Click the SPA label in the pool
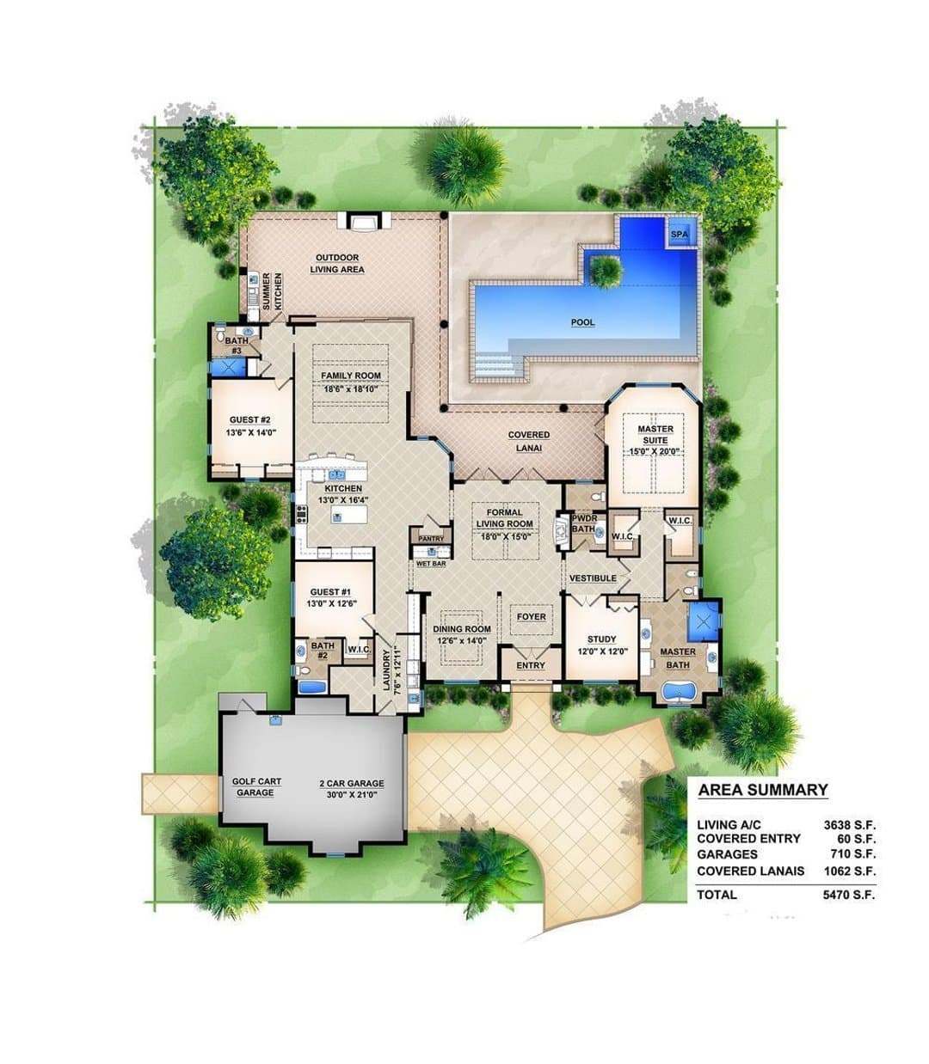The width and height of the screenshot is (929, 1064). pos(679,234)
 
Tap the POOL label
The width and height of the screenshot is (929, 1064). pos(582,322)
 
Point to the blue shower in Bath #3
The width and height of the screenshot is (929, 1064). pos(227,367)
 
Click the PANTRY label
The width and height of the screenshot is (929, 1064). pos(431,539)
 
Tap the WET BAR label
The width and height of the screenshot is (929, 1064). pos(431,564)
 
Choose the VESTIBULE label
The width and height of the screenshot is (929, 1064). pos(593,578)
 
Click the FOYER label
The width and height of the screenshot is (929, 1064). pos(531,617)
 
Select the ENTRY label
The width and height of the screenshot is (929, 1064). pos(531,665)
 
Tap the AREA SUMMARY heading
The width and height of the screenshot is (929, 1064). pos(762,790)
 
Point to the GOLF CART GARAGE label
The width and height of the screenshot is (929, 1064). pos(256,786)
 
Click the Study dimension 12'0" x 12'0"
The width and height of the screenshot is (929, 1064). pos(603,651)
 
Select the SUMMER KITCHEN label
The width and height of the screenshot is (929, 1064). pos(272,291)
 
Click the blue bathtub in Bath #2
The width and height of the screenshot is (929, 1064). pos(312,687)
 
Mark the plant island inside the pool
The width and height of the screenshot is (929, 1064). pos(604,272)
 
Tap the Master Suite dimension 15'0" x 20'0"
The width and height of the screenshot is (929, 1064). pos(655,451)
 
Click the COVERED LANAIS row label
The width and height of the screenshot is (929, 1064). pos(750,871)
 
